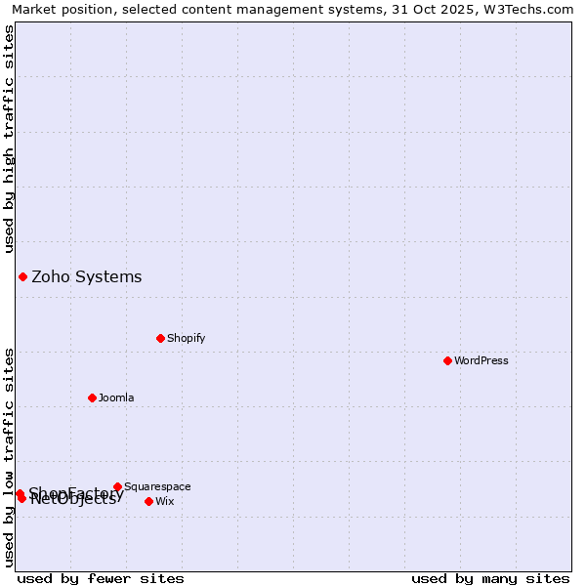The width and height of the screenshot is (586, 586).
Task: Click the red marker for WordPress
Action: (447, 360)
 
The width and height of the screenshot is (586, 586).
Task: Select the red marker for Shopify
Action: (160, 338)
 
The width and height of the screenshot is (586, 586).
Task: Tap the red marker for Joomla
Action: (92, 398)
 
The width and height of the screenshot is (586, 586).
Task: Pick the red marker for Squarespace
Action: (117, 486)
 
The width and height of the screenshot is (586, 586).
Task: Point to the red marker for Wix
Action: (148, 501)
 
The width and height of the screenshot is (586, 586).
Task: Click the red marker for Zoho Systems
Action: (22, 276)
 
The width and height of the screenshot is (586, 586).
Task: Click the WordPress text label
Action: (481, 360)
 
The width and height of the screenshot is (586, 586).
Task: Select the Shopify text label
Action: (186, 338)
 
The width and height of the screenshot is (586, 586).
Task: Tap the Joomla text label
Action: (116, 398)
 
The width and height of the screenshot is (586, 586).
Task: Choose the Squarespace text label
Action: (157, 486)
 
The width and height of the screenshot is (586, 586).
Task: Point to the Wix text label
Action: (165, 501)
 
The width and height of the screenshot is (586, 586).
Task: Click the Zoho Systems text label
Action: (87, 277)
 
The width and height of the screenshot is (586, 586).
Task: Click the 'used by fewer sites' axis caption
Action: (101, 578)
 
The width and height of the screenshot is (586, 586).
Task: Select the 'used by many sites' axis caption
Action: (490, 578)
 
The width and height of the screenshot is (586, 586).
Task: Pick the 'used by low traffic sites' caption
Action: (10, 457)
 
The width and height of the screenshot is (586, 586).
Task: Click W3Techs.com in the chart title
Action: (534, 10)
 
